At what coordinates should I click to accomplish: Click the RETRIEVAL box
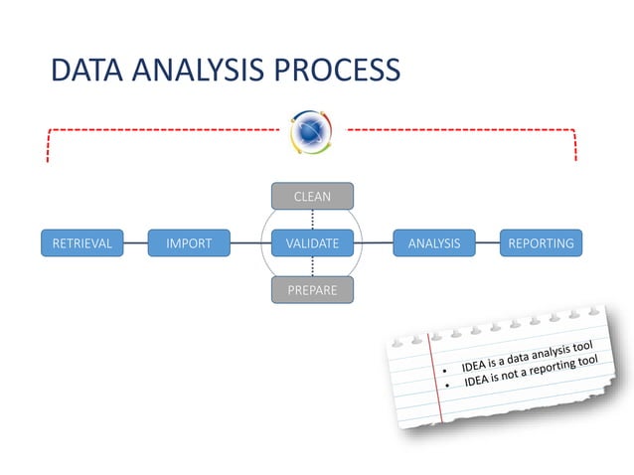81,242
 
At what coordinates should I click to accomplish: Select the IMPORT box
189,242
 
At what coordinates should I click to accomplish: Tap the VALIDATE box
312,242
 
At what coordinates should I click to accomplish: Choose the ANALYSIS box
433,242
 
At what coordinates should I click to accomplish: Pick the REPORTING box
541,242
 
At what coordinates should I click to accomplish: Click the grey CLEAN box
312,197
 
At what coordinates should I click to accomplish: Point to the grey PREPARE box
312,290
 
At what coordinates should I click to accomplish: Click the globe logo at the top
312,130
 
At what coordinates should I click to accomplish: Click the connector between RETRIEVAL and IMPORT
135,242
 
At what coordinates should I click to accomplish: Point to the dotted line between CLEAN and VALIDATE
312,220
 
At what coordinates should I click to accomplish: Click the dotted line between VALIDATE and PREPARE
312,266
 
